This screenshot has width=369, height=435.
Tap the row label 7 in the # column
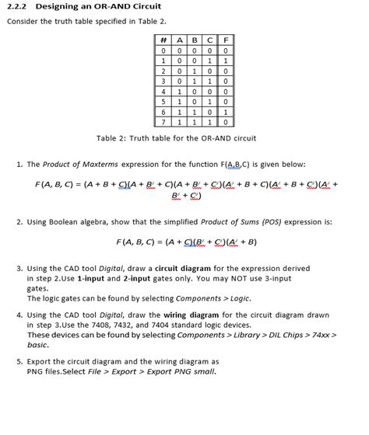(164, 122)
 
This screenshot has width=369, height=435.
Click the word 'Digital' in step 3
(116, 268)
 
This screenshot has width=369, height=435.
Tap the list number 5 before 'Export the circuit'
(19, 361)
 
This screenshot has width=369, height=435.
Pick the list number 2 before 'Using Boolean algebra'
(19, 221)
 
